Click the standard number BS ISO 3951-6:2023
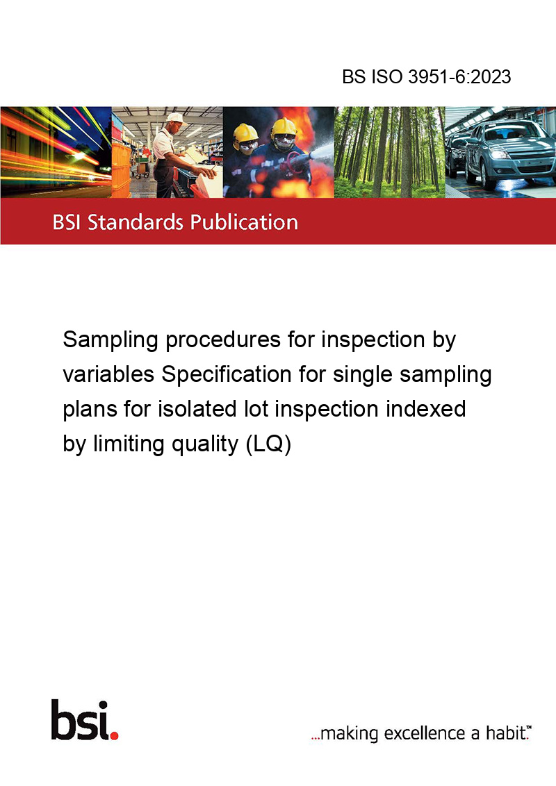427,76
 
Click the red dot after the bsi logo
114,735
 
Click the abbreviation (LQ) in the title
268,444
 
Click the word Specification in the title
227,374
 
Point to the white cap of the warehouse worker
176,118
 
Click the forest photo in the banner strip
389,152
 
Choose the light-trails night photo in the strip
56,152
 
